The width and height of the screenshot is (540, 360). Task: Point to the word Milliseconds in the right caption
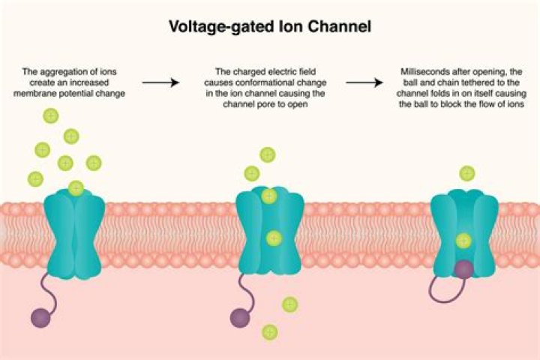pyautogui.click(x=424, y=70)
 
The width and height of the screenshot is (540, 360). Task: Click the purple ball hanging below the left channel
pyautogui.click(x=40, y=318)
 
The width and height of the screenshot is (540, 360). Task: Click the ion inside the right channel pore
pyautogui.click(x=463, y=241)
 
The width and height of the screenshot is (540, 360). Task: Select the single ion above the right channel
pyautogui.click(x=467, y=173)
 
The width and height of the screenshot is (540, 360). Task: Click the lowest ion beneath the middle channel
pyautogui.click(x=268, y=331)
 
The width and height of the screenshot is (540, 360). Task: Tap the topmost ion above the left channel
pyautogui.click(x=51, y=115)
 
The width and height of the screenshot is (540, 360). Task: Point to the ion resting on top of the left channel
pyautogui.click(x=76, y=187)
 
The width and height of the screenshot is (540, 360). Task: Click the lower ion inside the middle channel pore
pyautogui.click(x=274, y=238)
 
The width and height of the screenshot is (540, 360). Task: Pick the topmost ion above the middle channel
pyautogui.click(x=268, y=155)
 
